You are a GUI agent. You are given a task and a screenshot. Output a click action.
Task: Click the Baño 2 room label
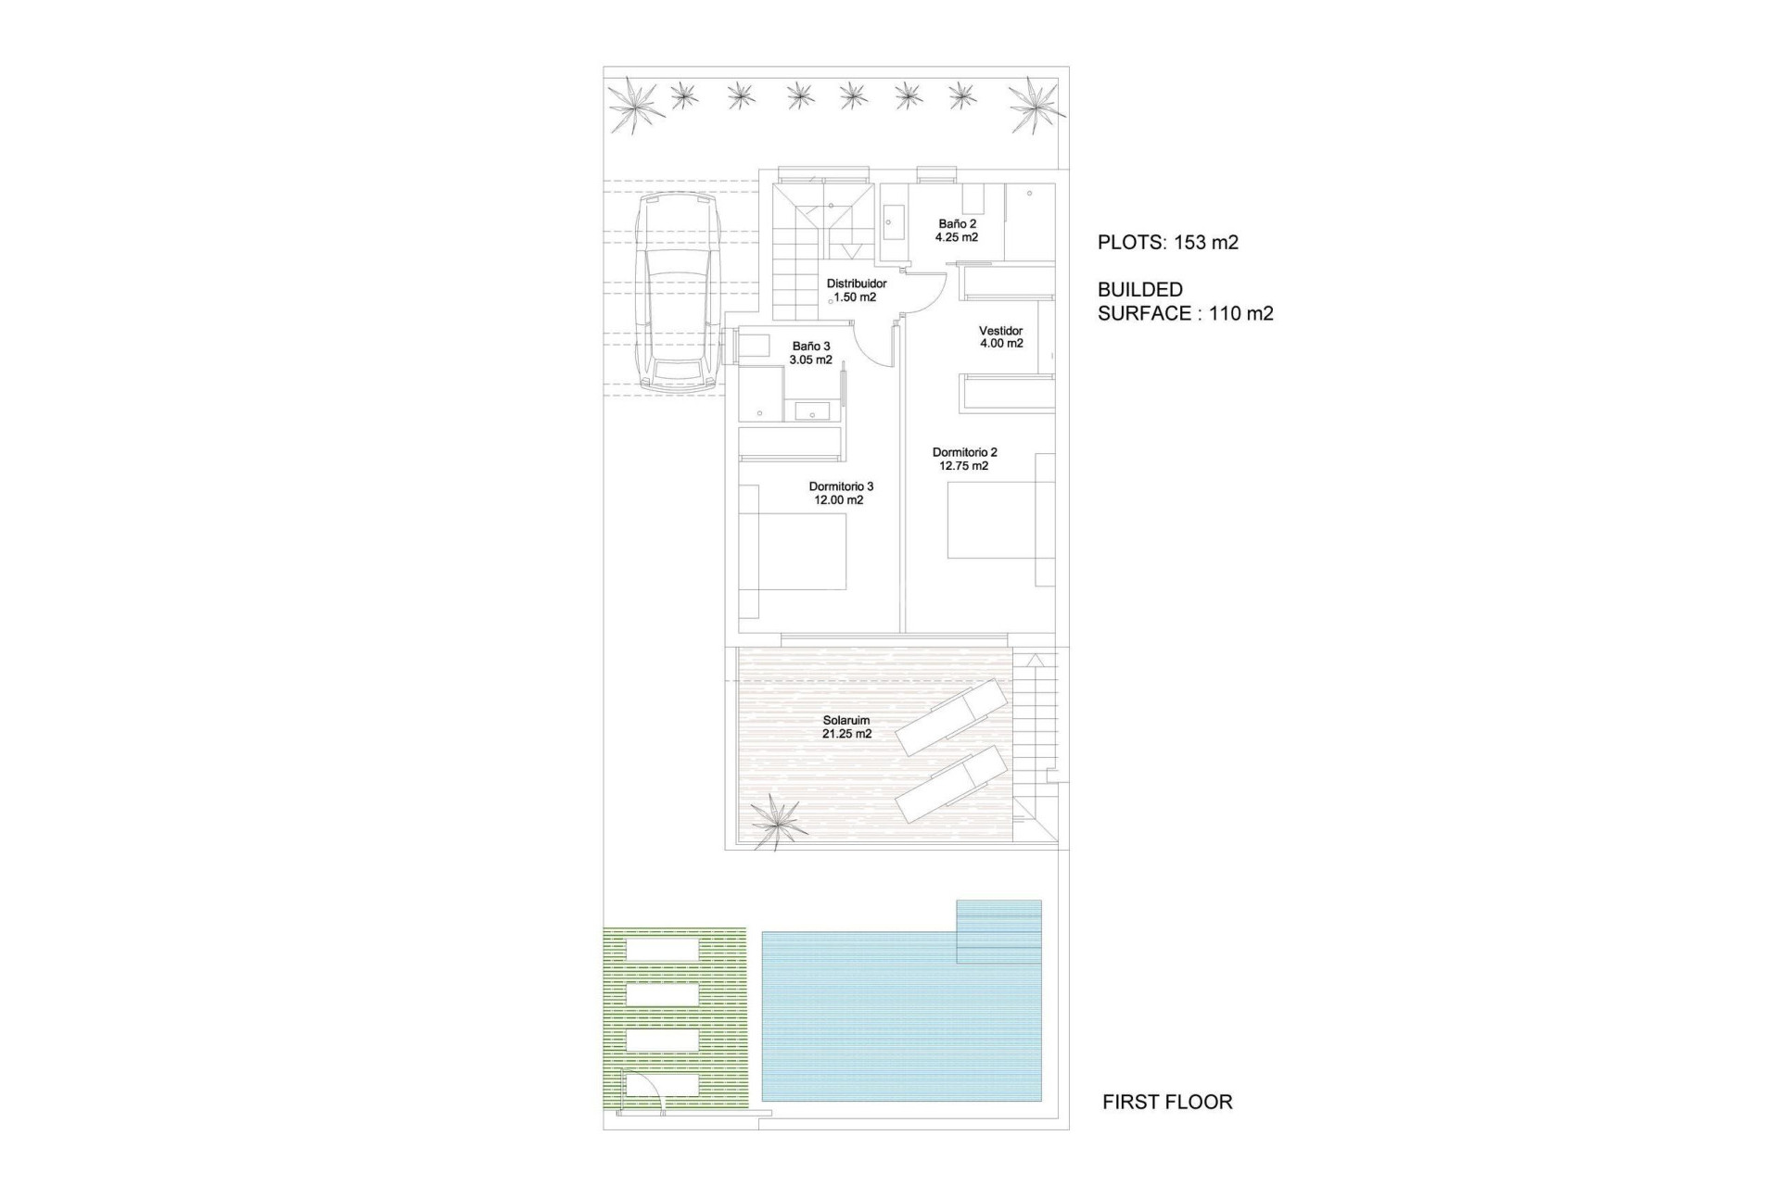(957, 224)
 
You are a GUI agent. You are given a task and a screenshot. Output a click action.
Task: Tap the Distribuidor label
(857, 284)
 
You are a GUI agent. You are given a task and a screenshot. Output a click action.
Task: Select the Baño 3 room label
(811, 347)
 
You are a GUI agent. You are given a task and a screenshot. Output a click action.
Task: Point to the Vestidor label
(1001, 331)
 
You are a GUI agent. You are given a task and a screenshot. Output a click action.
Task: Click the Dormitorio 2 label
(964, 452)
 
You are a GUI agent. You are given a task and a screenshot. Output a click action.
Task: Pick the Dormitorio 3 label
(841, 486)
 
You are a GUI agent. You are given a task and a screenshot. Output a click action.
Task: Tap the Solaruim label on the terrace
(846, 720)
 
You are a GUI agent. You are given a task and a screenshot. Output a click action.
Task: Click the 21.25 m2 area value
(846, 734)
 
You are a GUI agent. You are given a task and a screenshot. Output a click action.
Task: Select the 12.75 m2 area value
(964, 466)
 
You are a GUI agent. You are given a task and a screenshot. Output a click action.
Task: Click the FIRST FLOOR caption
(1167, 1102)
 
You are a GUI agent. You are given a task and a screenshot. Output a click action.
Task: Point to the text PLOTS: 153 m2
(1168, 243)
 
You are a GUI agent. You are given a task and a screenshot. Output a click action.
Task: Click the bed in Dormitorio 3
(803, 552)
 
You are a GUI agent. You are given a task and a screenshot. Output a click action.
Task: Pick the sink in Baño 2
(894, 222)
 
